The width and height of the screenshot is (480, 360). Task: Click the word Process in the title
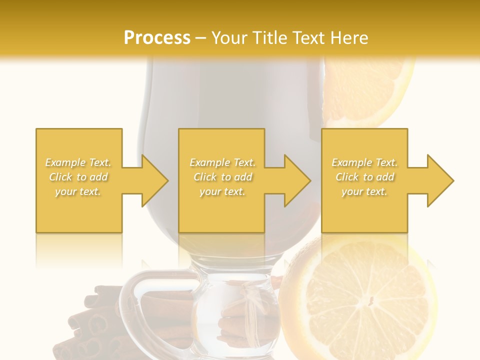point(157,37)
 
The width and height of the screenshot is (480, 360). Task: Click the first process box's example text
point(78,177)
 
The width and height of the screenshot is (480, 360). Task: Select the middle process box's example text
point(222,177)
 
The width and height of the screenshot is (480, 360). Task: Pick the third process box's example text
point(364,177)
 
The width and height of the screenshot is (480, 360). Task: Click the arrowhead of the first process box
point(154,180)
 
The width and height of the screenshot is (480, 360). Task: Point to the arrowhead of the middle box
point(297,180)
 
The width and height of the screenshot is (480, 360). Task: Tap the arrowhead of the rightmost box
point(440,180)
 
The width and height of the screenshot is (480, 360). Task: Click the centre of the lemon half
point(370,300)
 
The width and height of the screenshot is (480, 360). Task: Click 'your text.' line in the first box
point(78,191)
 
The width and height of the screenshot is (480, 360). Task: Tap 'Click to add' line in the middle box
point(222,177)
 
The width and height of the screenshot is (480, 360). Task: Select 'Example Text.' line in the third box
point(364,162)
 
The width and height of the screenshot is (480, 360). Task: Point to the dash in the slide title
point(201,38)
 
